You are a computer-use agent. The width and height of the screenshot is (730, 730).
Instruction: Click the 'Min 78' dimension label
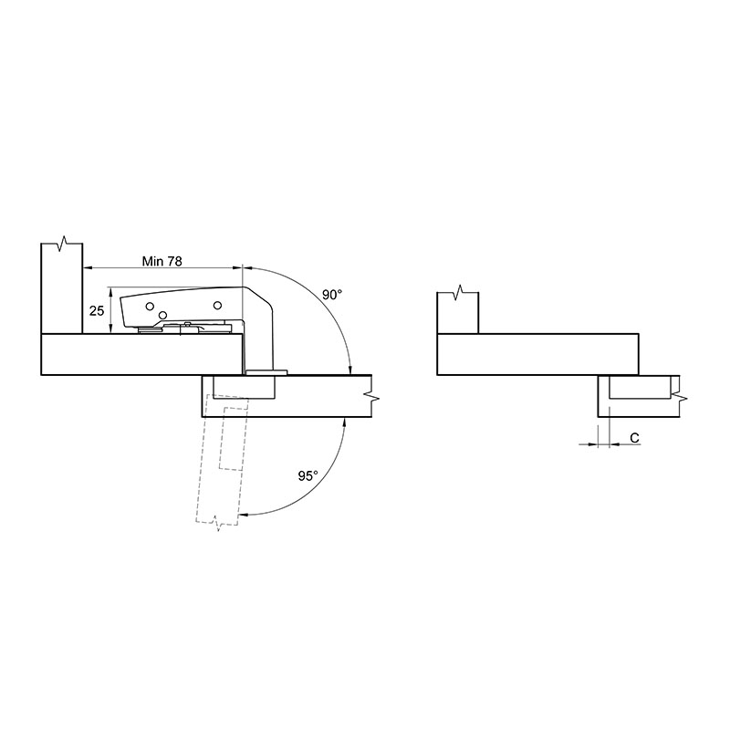click(x=162, y=261)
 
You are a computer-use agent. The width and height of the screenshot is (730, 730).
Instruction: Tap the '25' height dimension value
click(x=97, y=310)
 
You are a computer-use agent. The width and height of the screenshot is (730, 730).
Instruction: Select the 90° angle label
click(x=332, y=295)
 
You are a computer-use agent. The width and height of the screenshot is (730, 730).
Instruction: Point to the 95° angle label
click(x=308, y=475)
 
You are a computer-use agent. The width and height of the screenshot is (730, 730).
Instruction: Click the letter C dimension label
click(x=634, y=438)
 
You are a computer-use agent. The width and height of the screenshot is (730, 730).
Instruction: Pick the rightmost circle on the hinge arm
click(x=217, y=306)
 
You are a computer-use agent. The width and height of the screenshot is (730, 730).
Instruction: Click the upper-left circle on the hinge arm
click(x=150, y=306)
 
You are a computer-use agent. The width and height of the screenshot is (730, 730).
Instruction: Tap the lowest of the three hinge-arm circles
click(x=162, y=315)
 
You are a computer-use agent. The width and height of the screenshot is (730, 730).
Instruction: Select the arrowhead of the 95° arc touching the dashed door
click(x=244, y=515)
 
